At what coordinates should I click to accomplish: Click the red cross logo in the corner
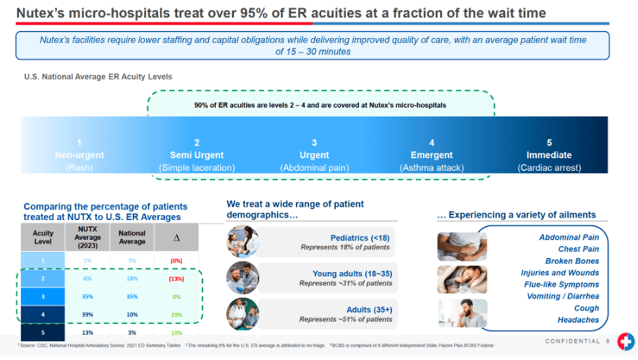click(625, 342)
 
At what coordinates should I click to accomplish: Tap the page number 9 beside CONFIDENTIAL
click(608, 341)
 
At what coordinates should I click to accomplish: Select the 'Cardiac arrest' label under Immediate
click(549, 168)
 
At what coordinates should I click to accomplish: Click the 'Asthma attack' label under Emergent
click(431, 168)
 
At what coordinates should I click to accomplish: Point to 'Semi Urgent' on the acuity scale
click(197, 155)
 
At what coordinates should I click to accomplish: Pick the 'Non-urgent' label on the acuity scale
click(79, 155)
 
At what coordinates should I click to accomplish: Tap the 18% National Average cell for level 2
click(132, 278)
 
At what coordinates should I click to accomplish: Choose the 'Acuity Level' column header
click(43, 238)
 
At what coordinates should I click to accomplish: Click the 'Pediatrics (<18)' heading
click(360, 238)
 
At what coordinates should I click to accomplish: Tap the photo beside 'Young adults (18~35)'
click(242, 278)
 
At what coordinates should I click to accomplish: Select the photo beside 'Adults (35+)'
click(242, 314)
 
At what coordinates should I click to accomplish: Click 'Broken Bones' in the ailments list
click(572, 261)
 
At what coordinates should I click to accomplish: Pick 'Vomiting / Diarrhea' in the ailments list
click(563, 296)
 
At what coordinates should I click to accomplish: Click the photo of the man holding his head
click(453, 313)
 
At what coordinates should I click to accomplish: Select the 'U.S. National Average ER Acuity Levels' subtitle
click(98, 76)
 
